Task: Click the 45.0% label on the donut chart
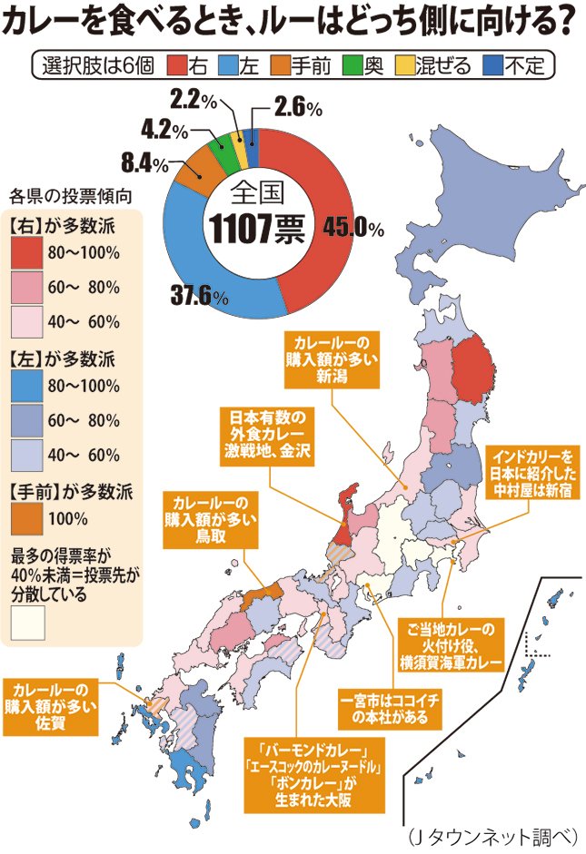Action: point(355,228)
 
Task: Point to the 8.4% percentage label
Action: point(144,164)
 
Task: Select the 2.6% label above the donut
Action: point(299,109)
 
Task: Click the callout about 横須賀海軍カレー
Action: point(451,645)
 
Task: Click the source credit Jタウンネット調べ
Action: point(490,835)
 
